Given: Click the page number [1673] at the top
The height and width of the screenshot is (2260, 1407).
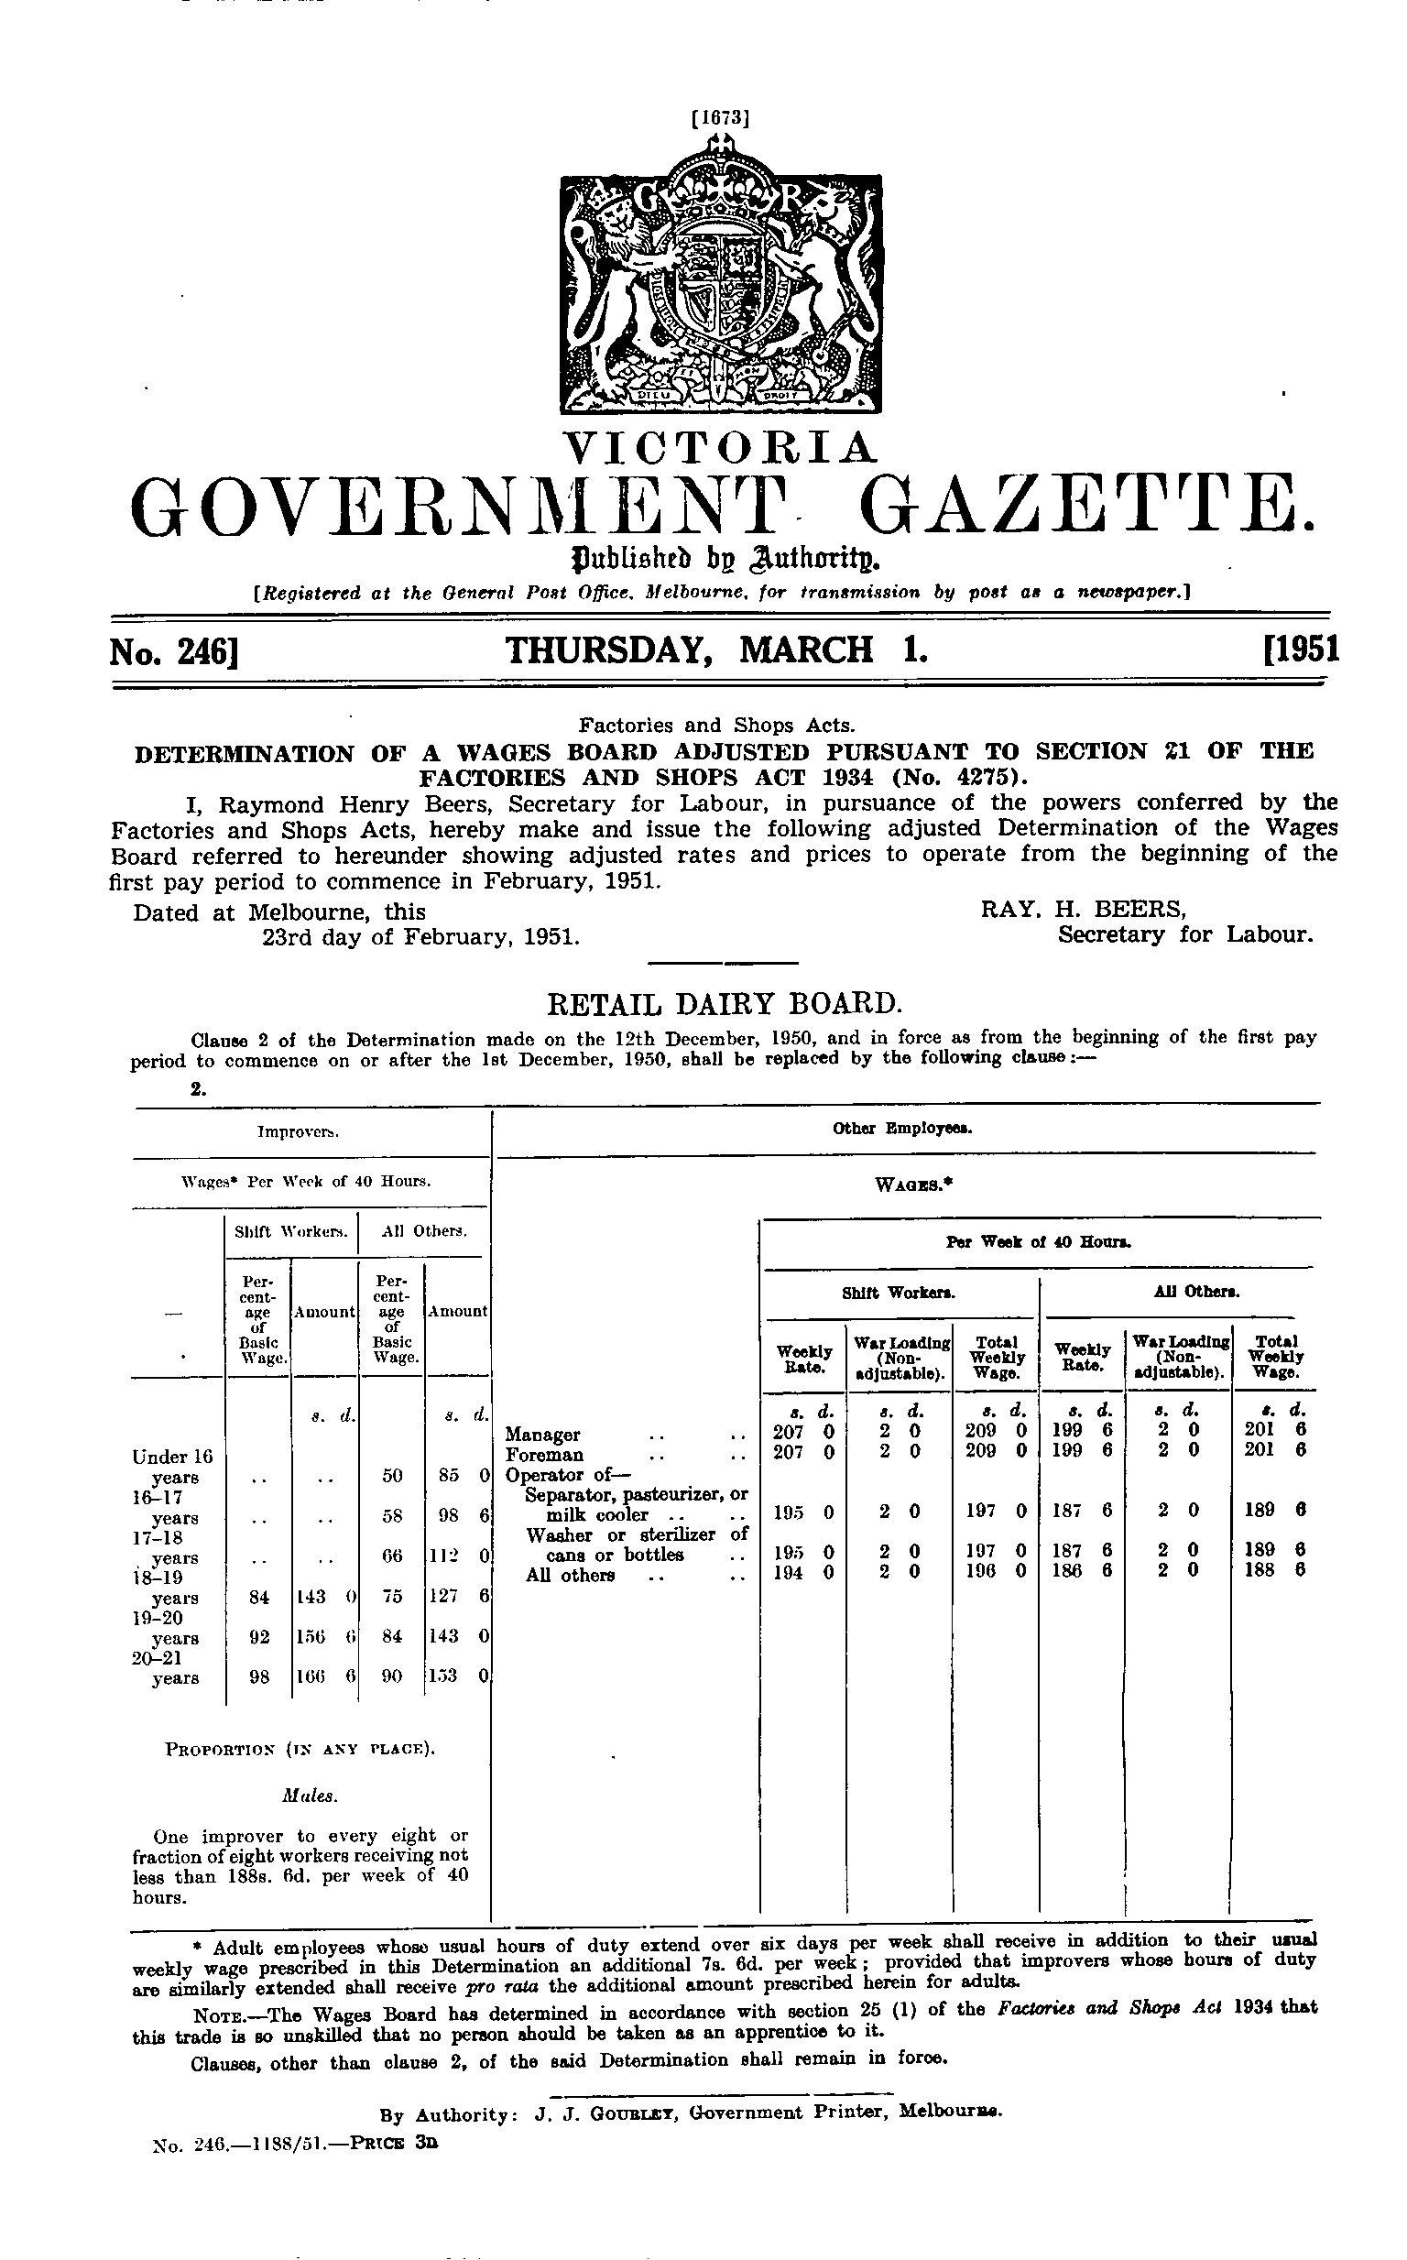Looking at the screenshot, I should click(x=719, y=118).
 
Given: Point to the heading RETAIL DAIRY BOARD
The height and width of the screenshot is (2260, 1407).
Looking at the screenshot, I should click(x=723, y=1004).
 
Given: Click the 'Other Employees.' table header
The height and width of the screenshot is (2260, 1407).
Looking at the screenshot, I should click(x=902, y=1129).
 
